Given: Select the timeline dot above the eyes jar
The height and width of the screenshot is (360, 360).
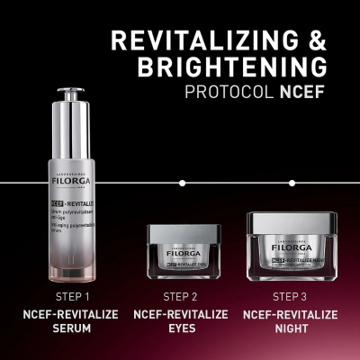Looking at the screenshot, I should tap(182, 183).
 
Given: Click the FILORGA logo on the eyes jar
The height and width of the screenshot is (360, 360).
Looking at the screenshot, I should tap(182, 255).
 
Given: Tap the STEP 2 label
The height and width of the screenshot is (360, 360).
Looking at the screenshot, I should tap(182, 296).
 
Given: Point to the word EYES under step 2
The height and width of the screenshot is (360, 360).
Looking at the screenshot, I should tap(182, 329).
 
